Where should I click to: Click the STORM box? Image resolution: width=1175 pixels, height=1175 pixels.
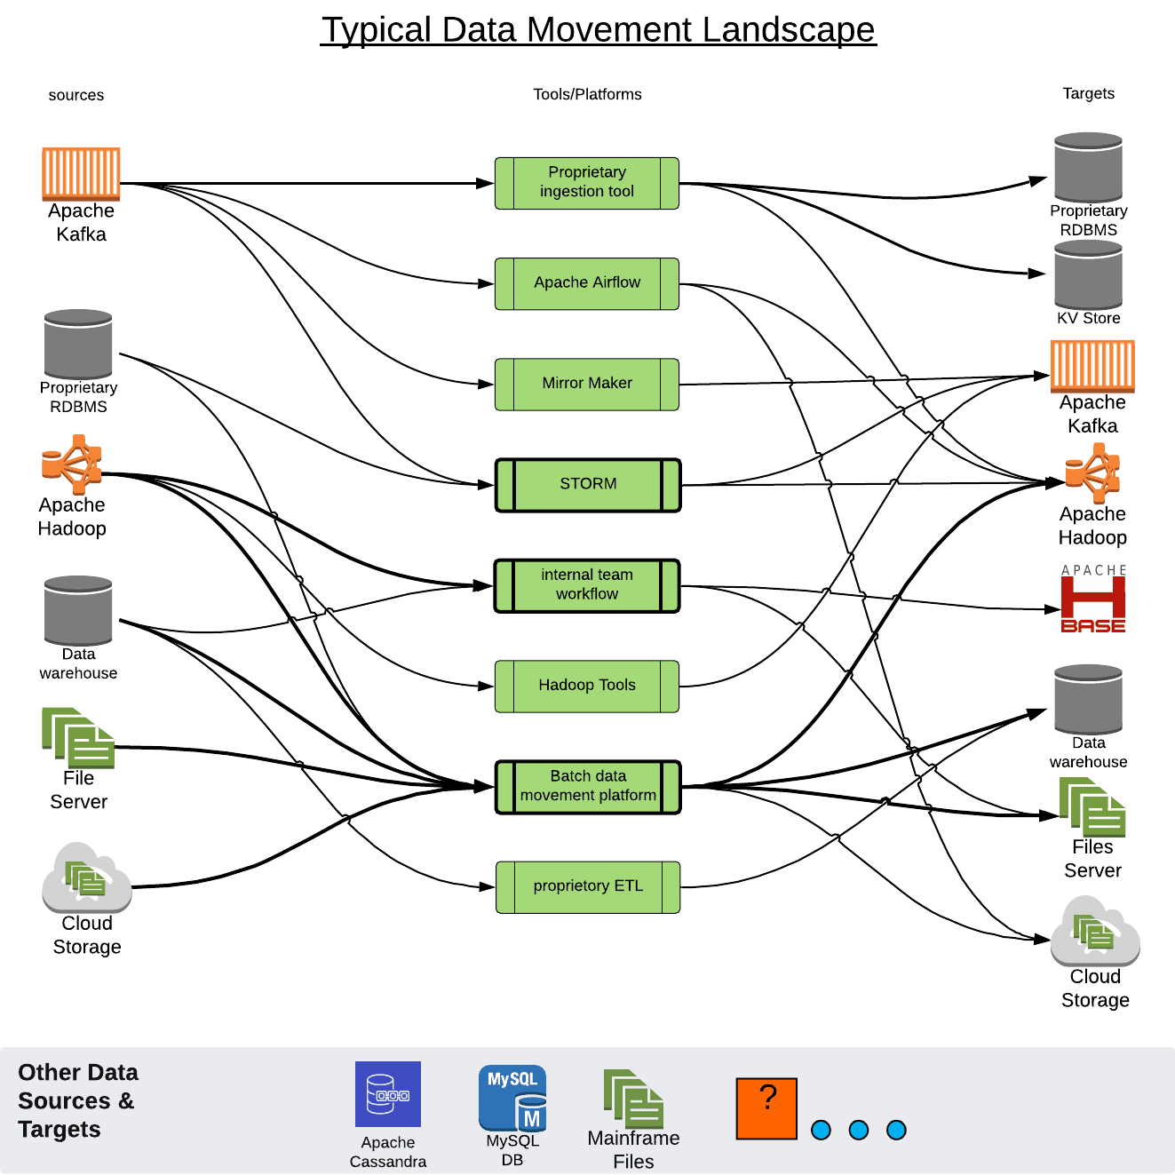[587, 485]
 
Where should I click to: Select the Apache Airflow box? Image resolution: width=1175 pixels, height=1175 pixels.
[587, 283]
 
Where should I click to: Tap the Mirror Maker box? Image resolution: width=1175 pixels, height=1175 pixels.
[587, 384]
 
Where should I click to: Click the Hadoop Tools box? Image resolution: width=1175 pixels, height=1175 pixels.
[587, 686]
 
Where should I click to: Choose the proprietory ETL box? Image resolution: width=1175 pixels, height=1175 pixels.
[587, 886]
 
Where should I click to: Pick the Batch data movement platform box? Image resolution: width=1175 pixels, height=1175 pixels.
[587, 787]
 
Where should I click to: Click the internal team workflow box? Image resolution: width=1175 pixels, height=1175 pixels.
[587, 585]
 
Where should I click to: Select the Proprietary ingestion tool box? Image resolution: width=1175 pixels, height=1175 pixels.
[587, 183]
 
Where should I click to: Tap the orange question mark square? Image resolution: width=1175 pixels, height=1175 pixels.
[766, 1108]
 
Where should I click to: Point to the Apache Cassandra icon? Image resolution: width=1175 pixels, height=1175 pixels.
[388, 1094]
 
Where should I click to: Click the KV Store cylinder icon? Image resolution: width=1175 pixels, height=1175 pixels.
[1088, 274]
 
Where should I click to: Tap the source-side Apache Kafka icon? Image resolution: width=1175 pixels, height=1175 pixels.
[81, 173]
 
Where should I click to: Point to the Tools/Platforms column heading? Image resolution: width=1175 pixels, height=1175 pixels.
[587, 94]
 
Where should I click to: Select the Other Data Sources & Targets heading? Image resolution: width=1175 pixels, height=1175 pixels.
[78, 1100]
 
